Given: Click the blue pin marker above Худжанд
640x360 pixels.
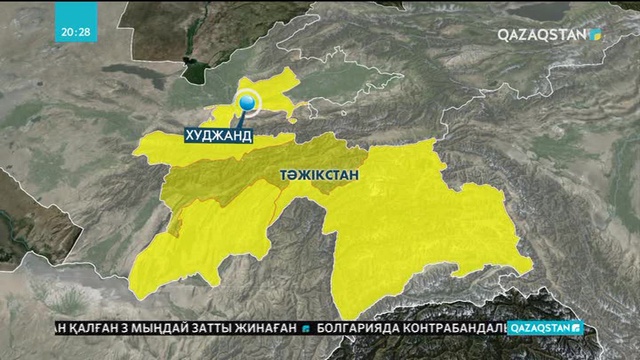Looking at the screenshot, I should point(246,101).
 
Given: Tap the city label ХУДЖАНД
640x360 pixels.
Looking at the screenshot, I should point(219,138).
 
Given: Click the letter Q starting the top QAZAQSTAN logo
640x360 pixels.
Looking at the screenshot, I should point(504,35).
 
